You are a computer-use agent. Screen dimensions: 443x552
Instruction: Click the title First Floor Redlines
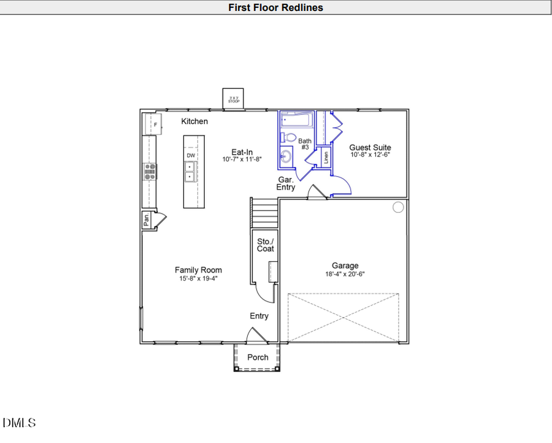pos(275,7)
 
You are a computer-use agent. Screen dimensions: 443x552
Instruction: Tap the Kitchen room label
pos(194,121)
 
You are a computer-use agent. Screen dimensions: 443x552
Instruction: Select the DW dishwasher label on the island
pos(191,155)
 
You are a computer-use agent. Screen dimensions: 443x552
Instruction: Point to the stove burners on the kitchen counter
pos(149,171)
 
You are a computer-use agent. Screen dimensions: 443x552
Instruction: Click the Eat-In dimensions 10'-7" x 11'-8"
pos(242,160)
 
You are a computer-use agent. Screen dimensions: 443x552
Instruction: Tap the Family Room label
pos(198,270)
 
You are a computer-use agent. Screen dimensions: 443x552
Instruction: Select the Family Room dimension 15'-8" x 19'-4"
pos(198,279)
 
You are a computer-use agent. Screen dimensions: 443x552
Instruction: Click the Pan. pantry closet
pos(147,220)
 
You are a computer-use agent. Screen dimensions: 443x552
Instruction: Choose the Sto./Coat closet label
pos(265,244)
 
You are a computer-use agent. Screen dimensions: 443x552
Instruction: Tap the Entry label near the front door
pos(259,316)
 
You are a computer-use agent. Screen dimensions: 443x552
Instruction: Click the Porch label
pos(258,357)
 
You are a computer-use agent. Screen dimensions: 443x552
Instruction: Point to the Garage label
pos(345,266)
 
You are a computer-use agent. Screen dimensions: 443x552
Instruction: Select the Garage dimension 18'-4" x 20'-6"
pos(345,274)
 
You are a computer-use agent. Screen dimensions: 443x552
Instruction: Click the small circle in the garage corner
pos(398,207)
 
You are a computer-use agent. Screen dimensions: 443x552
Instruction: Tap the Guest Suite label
pos(370,147)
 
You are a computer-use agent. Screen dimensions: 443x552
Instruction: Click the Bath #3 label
pos(305,144)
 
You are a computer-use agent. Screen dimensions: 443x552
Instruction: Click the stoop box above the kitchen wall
pos(234,99)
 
